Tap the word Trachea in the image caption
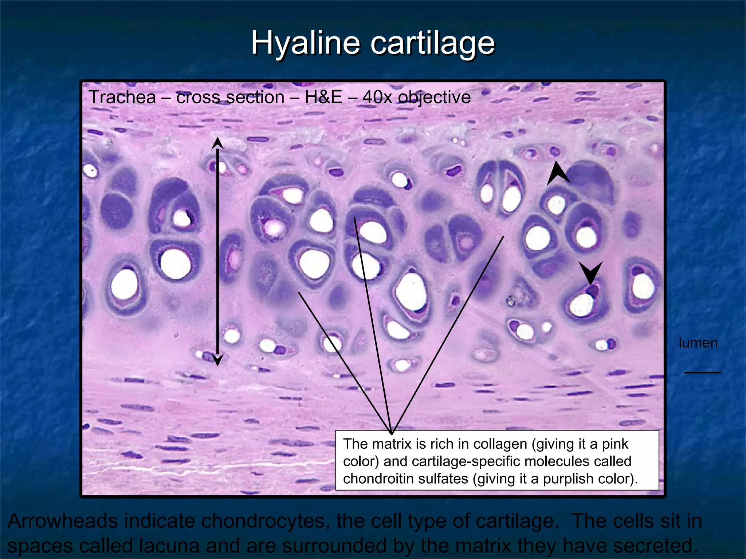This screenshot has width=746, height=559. (x=122, y=97)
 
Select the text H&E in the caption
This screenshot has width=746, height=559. (x=323, y=97)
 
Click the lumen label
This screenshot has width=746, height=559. (x=698, y=343)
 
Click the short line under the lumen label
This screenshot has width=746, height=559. (x=702, y=372)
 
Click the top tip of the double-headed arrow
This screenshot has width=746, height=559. (x=217, y=139)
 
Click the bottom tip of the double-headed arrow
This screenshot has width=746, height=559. (x=217, y=365)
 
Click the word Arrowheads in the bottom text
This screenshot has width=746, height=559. (x=63, y=521)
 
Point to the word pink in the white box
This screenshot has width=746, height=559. (x=615, y=444)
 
